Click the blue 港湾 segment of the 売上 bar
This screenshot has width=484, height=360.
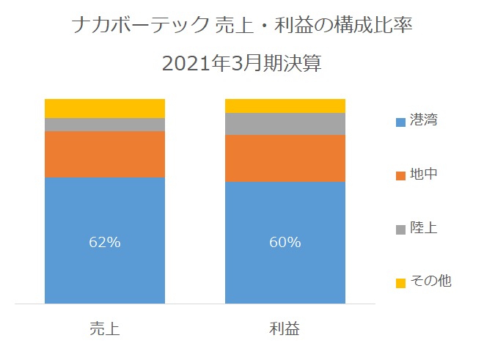point(105,240)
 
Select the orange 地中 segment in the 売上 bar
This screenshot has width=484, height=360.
point(105,154)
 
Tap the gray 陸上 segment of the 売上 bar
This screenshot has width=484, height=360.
point(105,125)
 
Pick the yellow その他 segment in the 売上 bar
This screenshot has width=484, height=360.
point(105,109)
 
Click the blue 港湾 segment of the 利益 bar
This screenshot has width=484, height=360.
point(285,243)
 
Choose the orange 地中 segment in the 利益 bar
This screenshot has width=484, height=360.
point(285,158)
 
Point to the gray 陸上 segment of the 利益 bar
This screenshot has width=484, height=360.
point(285,124)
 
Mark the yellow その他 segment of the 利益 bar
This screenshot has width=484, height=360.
point(285,106)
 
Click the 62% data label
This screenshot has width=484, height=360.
point(105,242)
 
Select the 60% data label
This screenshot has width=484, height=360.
point(285,242)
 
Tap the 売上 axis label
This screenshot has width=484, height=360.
point(105,328)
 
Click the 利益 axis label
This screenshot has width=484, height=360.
point(285,328)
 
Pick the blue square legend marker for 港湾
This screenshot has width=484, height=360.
point(400,122)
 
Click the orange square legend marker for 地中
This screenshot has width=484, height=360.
point(400,176)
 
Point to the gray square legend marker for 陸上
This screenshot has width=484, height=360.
point(400,229)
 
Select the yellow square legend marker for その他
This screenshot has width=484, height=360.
point(400,283)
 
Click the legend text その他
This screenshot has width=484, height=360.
point(431,281)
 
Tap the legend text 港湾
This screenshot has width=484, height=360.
point(424,120)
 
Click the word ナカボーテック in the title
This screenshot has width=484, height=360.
point(141,25)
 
